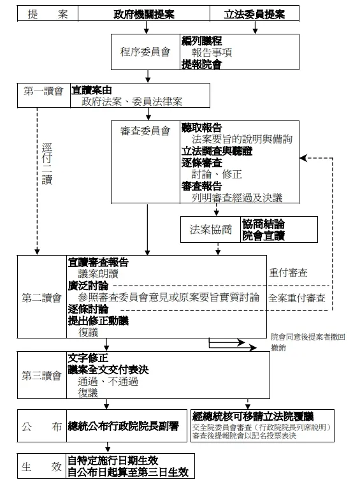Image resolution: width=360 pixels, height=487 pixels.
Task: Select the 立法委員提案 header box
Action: coord(254,14)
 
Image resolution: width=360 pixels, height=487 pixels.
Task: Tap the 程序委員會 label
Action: coord(145,52)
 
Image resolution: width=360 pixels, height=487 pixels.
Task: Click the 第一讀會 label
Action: coord(43,91)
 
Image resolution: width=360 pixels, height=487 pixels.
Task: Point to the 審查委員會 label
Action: coord(145,131)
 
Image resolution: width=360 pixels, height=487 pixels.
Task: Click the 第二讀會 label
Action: coord(41,297)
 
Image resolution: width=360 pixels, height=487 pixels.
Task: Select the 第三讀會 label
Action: coord(41,375)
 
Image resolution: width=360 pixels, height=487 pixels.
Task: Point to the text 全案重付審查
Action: coord(296,298)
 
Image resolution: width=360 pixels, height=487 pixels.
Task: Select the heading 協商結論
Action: coord(263,224)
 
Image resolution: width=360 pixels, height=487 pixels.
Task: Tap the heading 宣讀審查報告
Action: coord(98,262)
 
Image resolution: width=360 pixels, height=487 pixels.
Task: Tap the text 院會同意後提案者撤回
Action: coord(308,336)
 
